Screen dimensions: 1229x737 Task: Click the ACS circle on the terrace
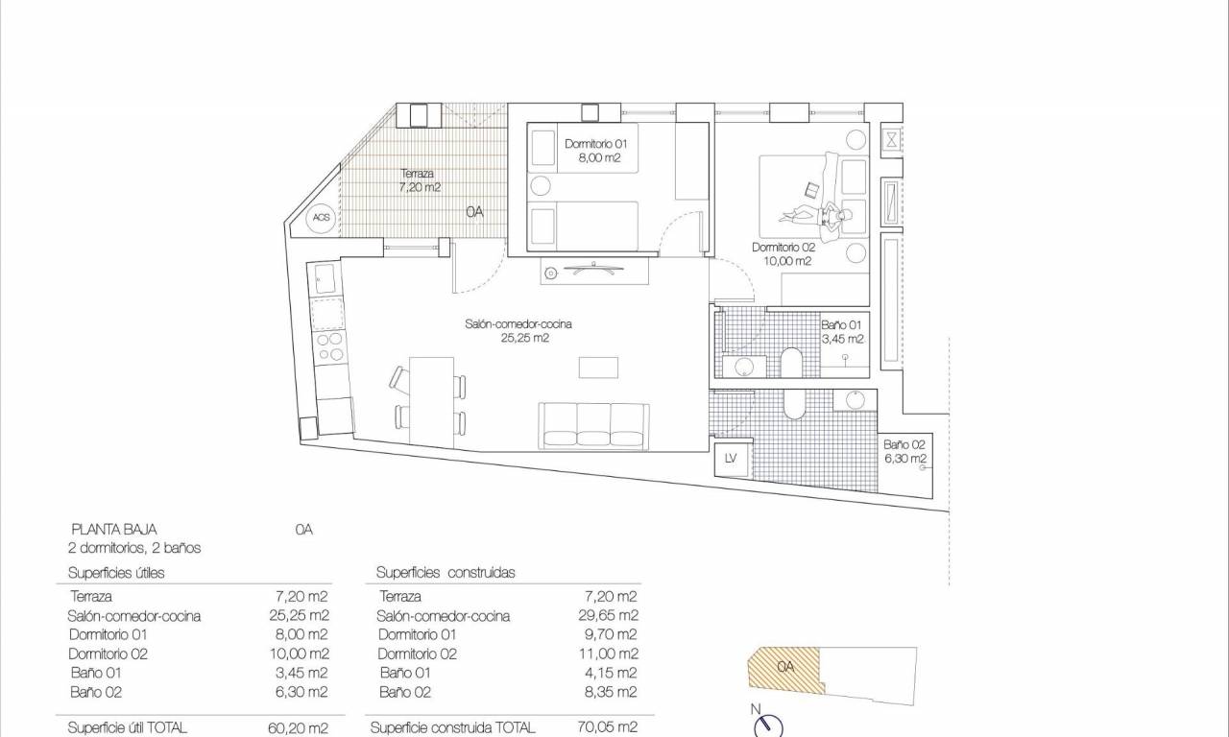click(321, 217)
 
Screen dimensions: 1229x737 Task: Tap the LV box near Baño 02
click(731, 459)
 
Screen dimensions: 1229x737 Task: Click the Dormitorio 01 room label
click(595, 151)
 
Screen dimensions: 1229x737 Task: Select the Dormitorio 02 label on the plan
click(783, 254)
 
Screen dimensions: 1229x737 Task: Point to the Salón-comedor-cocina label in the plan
click(518, 331)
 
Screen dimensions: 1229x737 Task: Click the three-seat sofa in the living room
click(593, 426)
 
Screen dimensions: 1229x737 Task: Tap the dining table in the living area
click(431, 401)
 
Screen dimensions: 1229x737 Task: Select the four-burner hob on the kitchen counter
click(329, 346)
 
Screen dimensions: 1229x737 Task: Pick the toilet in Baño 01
click(791, 362)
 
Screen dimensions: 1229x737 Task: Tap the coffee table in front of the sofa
click(598, 368)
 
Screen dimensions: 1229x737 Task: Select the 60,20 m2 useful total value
click(298, 728)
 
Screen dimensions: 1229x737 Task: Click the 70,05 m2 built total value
click(608, 727)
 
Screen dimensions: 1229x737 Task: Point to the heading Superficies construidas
click(446, 573)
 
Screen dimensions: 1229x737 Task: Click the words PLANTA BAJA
click(114, 530)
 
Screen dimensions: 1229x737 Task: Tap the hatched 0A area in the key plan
click(784, 668)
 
